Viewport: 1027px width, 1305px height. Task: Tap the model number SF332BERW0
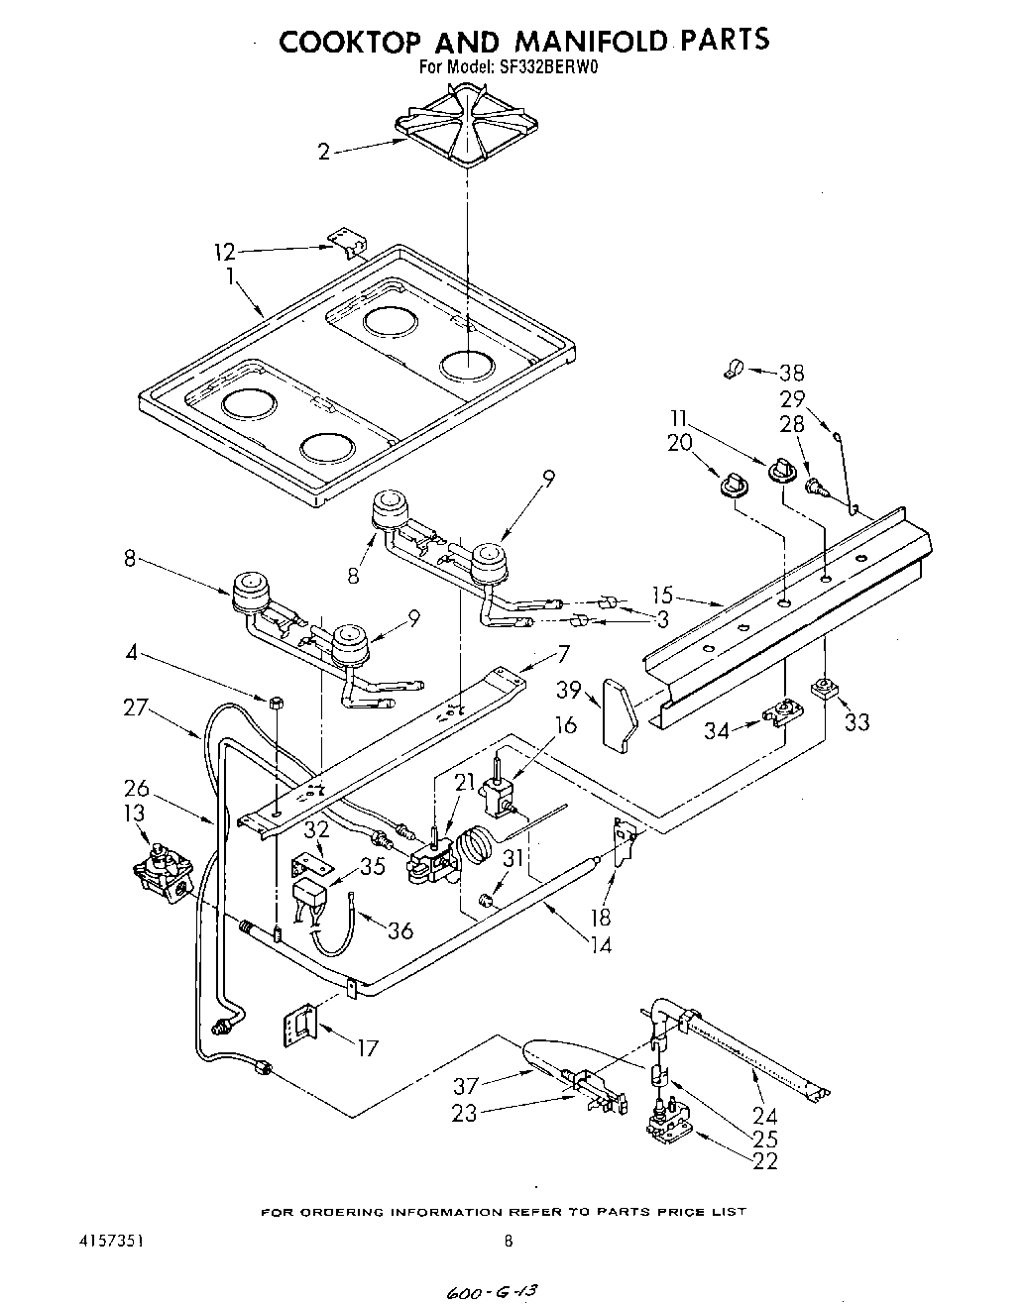tap(556, 68)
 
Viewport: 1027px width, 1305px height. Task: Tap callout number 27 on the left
tap(136, 707)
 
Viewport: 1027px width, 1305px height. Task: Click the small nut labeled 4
tap(277, 702)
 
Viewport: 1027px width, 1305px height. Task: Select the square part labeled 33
tap(822, 689)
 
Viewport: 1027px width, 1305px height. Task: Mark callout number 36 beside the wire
tap(399, 930)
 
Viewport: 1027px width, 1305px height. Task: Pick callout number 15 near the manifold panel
tap(662, 596)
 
